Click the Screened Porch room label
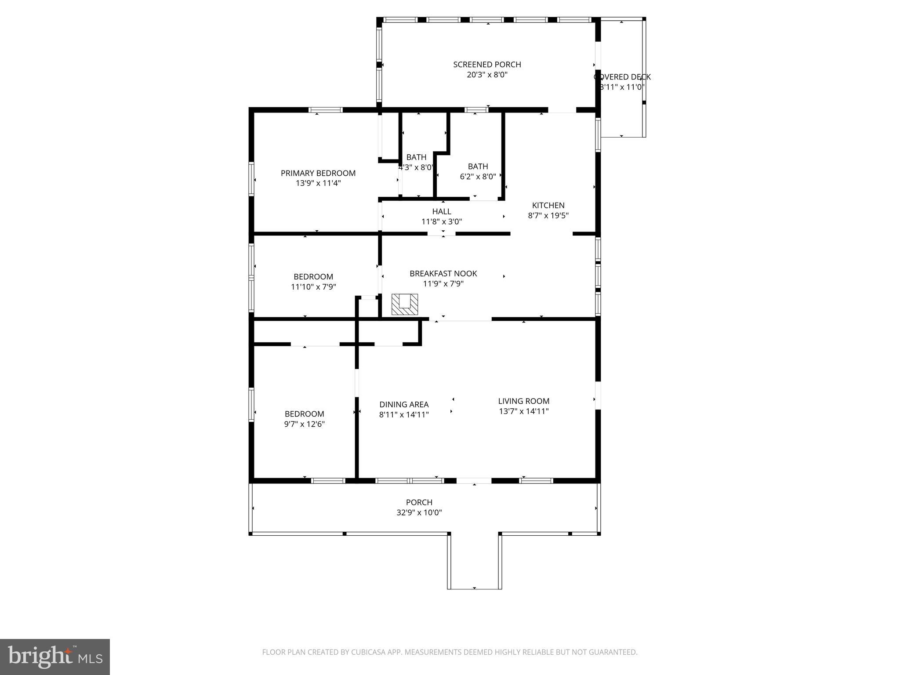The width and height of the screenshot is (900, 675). pyautogui.click(x=487, y=65)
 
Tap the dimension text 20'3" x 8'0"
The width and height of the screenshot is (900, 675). pyautogui.click(x=487, y=75)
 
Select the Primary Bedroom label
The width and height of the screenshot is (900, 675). pyautogui.click(x=318, y=173)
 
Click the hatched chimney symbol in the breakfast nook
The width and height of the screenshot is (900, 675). pyautogui.click(x=404, y=304)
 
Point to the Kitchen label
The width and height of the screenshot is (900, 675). pyautogui.click(x=548, y=205)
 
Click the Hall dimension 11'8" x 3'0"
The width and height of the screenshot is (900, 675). pyautogui.click(x=442, y=222)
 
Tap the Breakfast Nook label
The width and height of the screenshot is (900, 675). pyautogui.click(x=443, y=273)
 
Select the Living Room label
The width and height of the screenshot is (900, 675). pyautogui.click(x=523, y=401)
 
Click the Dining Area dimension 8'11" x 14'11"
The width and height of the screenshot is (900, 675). pyautogui.click(x=404, y=414)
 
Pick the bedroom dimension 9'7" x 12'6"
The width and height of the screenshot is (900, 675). pyautogui.click(x=304, y=424)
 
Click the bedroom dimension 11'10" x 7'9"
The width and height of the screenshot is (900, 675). pyautogui.click(x=313, y=287)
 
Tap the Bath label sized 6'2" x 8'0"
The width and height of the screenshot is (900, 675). pyautogui.click(x=478, y=167)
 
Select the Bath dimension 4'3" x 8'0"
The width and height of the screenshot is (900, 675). pyautogui.click(x=416, y=167)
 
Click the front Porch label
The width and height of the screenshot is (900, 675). pyautogui.click(x=419, y=502)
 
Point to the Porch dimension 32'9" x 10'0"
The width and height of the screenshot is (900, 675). pyautogui.click(x=419, y=512)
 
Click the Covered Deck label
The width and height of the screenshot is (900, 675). pyautogui.click(x=622, y=77)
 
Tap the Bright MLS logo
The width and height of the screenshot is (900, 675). pyautogui.click(x=55, y=657)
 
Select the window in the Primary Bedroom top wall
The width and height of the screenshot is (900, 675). pyautogui.click(x=326, y=110)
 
